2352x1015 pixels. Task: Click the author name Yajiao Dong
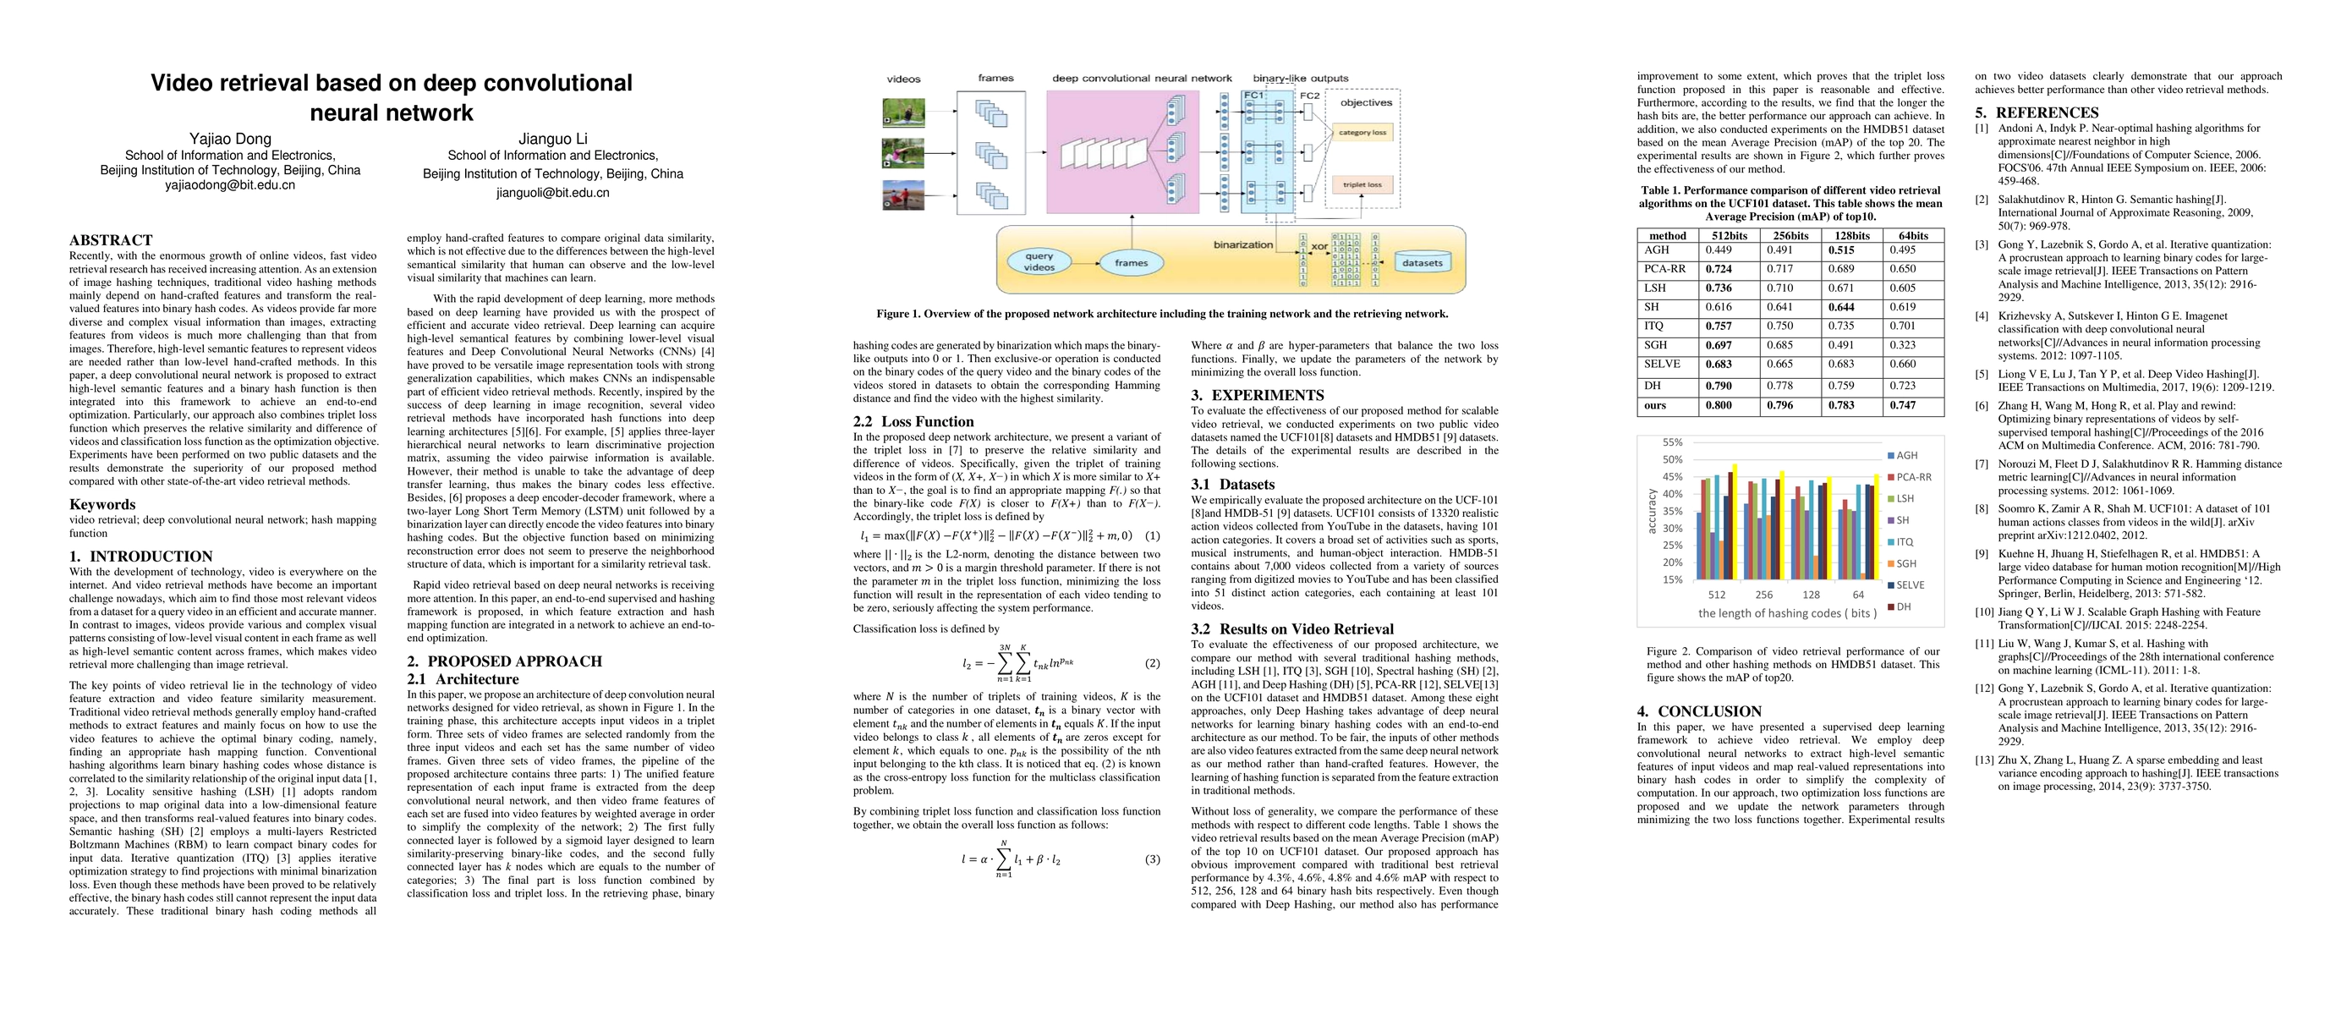point(230,139)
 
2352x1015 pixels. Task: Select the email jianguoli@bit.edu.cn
point(552,193)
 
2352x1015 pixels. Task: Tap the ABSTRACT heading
point(111,240)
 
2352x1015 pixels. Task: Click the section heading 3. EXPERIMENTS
point(1258,395)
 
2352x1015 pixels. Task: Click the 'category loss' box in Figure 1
point(1362,132)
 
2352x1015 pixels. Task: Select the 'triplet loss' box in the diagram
point(1362,184)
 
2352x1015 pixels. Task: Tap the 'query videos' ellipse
point(1039,262)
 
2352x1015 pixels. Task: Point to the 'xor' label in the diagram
point(1319,246)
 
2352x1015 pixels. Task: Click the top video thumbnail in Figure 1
point(903,112)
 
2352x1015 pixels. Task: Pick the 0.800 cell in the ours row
point(1718,405)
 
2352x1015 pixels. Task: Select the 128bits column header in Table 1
point(1851,235)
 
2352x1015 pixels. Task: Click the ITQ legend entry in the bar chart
point(1904,542)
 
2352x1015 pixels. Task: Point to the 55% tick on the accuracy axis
point(1672,442)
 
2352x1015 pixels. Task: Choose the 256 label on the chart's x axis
point(1764,595)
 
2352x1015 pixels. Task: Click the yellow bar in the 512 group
point(1735,521)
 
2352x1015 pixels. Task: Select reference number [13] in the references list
point(1985,760)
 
